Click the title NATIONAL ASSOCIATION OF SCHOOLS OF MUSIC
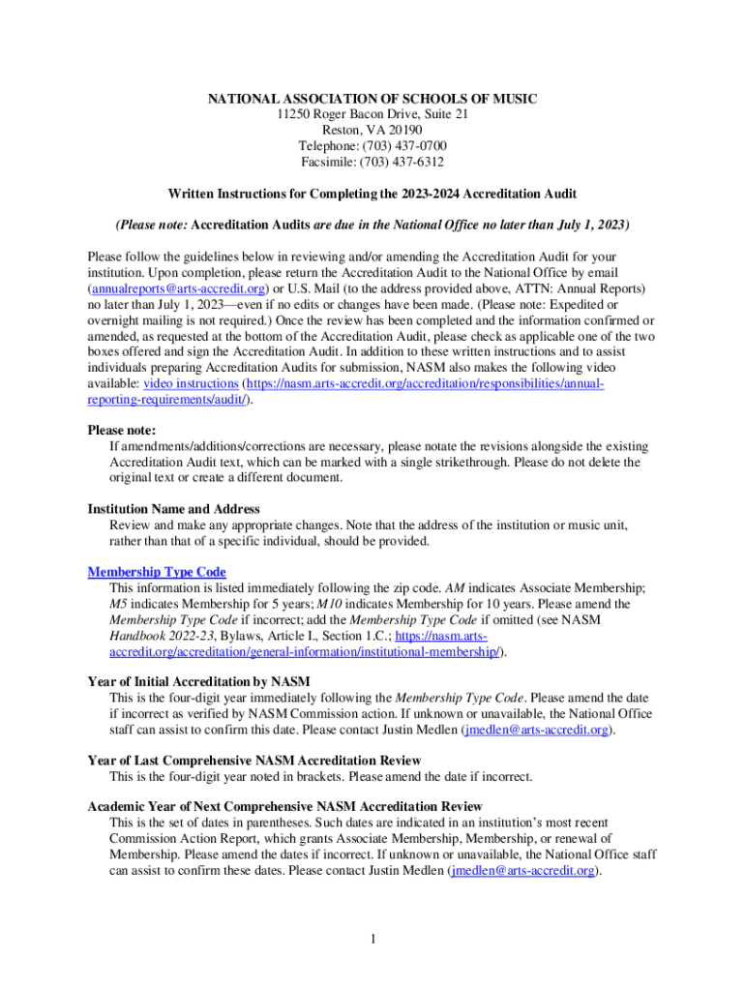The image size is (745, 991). [x=372, y=99]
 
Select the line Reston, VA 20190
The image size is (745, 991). [x=372, y=130]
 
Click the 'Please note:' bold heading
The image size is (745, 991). [x=122, y=430]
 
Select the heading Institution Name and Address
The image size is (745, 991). [x=173, y=509]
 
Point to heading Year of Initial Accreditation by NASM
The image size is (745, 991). [x=198, y=681]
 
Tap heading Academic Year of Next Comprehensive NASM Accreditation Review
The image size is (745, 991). [x=284, y=806]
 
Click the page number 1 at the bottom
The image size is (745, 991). [x=372, y=938]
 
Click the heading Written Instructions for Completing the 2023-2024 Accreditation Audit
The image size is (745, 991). [x=372, y=194]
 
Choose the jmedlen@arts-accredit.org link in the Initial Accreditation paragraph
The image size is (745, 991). [x=537, y=729]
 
